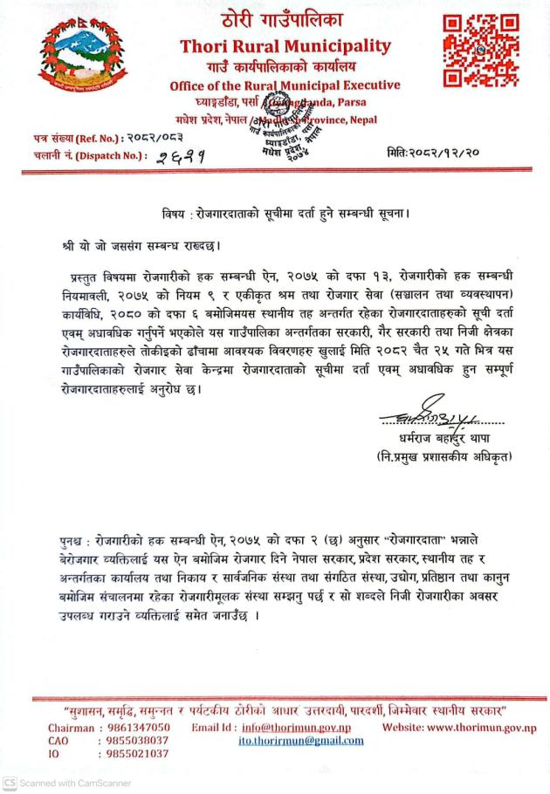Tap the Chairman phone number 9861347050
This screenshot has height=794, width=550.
[x=138, y=728]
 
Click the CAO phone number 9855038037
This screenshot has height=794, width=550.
[x=138, y=741]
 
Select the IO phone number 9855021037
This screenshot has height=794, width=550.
[x=138, y=754]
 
